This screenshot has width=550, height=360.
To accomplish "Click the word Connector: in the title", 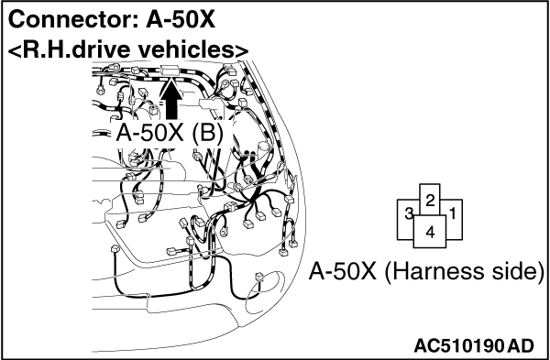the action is click(73, 20).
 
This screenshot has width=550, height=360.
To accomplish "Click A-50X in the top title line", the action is click(181, 20).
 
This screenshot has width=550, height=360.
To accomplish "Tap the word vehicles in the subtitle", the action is click(186, 49).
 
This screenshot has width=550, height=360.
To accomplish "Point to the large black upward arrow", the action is click(170, 100).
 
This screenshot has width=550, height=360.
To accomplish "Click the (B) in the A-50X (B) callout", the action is click(208, 134).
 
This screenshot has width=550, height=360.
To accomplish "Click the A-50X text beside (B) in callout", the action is click(150, 134).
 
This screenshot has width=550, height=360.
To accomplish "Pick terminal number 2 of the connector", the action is click(430, 201).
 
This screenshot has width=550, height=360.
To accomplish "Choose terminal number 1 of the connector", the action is click(453, 213).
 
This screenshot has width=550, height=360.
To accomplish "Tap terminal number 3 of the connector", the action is click(409, 213).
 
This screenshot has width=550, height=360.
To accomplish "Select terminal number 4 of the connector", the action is click(430, 232).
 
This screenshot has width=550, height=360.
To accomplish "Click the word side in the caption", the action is click(520, 271).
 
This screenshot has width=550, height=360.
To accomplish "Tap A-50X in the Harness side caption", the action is click(343, 271).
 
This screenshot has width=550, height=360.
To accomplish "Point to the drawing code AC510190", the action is click(459, 346).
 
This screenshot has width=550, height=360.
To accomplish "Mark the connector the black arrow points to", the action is click(170, 71).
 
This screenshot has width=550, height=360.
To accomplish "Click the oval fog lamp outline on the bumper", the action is click(264, 292).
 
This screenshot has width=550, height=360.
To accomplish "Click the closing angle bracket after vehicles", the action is click(242, 50).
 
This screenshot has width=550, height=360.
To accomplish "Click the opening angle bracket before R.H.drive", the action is click(15, 50).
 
